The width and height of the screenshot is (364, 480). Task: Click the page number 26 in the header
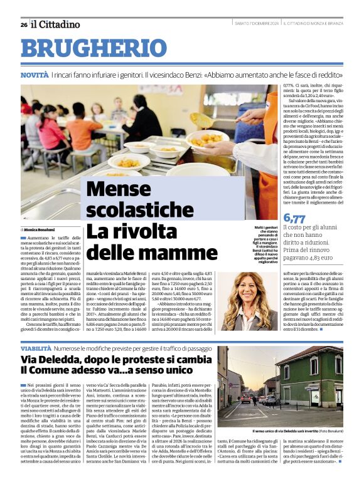(24, 24)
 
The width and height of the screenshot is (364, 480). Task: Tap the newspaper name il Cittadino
(56, 24)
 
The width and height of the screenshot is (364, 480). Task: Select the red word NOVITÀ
(35, 75)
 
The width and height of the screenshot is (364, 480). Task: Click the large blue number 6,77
(295, 218)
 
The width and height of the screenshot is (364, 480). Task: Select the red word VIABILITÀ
(36, 347)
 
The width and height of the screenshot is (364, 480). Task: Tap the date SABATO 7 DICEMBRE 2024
(255, 24)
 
